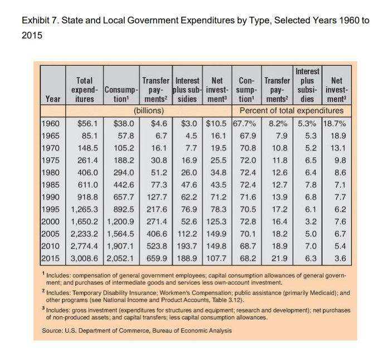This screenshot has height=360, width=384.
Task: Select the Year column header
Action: coord(53,99)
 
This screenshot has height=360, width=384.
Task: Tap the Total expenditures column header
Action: coord(84,90)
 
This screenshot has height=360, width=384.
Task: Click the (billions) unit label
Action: coord(151,110)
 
